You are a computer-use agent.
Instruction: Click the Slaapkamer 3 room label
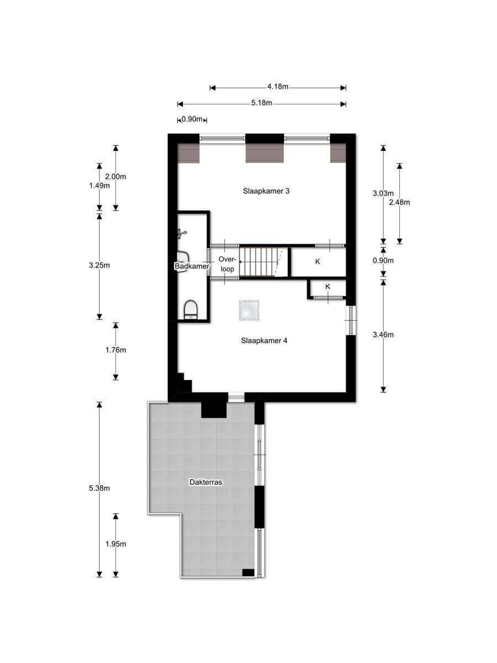tap(266, 191)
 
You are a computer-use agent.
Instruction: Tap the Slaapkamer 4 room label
tap(264, 341)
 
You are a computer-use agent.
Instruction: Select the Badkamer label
tap(192, 266)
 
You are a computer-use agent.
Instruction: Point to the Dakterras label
tap(206, 482)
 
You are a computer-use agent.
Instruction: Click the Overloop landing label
tap(226, 264)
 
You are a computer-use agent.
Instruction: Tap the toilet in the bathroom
tap(191, 309)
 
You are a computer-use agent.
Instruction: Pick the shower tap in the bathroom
tap(182, 234)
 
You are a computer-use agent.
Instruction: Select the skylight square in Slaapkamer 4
tap(249, 310)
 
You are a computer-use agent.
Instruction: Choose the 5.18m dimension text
tap(262, 103)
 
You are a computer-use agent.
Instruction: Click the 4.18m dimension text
tap(278, 87)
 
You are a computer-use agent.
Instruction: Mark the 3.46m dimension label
tap(383, 335)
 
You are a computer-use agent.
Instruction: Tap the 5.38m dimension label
tap(99, 488)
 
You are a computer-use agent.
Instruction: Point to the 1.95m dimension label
tap(115, 544)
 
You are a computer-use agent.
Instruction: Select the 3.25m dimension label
tap(99, 265)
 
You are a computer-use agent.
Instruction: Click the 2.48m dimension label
tap(399, 202)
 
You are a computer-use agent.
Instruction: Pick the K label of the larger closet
tap(318, 261)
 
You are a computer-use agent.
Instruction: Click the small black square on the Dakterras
tap(248, 573)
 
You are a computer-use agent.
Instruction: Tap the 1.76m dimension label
tap(115, 350)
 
